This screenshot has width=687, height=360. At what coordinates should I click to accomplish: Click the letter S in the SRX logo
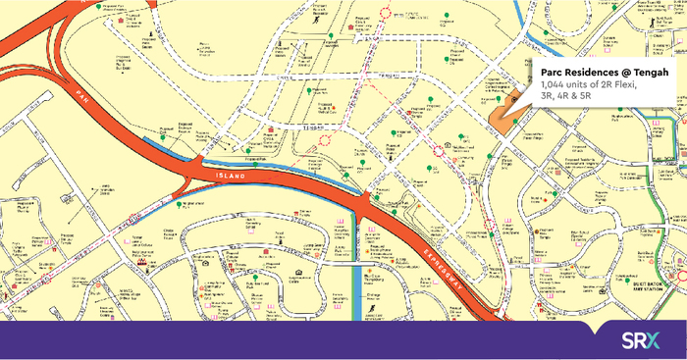coord(628,340)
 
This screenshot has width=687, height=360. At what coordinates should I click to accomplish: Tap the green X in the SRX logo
coord(661,340)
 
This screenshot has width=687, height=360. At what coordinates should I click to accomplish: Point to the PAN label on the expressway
coord(81,96)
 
